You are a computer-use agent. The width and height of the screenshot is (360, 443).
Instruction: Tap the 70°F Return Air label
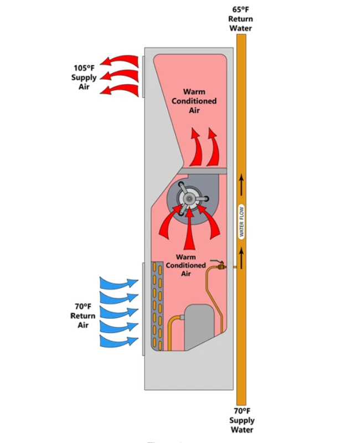tap(83, 315)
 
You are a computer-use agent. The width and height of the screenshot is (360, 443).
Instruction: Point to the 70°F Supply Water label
tap(241, 420)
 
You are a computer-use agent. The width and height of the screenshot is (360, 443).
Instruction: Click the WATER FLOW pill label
tap(241, 221)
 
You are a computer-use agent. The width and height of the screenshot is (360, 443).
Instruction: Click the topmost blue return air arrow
tap(118, 284)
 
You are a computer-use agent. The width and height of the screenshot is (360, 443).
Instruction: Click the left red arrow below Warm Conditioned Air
tap(195, 146)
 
